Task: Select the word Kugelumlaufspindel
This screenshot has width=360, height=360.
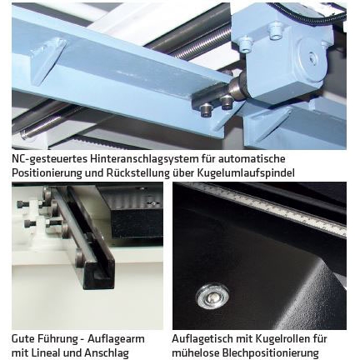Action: (x=246, y=172)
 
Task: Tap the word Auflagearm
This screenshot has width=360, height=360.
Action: (x=116, y=339)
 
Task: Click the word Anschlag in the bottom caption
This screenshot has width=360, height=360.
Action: (x=107, y=353)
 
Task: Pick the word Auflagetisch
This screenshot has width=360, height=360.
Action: (x=202, y=339)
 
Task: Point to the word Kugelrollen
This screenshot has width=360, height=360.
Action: (x=282, y=339)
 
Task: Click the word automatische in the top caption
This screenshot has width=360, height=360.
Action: (x=252, y=159)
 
